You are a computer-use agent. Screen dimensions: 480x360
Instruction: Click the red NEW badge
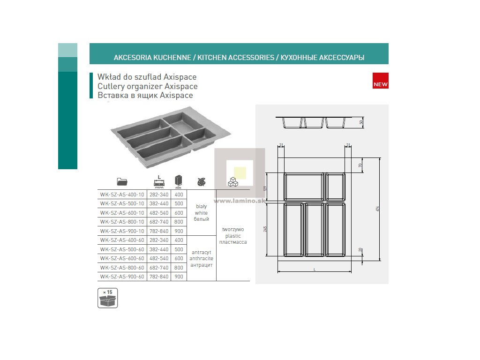(380, 81)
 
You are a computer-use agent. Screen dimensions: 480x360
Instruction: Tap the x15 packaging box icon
(108, 298)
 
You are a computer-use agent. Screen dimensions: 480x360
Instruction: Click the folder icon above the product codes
(122, 181)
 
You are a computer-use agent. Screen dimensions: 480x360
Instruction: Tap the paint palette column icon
(201, 181)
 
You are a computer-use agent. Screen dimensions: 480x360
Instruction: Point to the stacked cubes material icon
(232, 182)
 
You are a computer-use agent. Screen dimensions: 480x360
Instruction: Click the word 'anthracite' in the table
(201, 258)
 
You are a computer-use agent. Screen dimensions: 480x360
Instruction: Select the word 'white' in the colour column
(201, 213)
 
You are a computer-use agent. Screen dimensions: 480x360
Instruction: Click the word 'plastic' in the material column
(232, 236)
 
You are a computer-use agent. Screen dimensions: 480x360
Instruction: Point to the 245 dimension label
(265, 229)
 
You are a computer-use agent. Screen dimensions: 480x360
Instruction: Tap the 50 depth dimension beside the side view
(361, 122)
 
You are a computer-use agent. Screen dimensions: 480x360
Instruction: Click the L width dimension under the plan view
(314, 270)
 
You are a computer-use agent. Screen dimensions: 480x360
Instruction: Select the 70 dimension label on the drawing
(360, 165)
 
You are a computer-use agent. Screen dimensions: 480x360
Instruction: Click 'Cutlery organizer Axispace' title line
(147, 86)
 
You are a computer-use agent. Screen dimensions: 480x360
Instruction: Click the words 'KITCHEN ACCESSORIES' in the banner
(236, 58)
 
